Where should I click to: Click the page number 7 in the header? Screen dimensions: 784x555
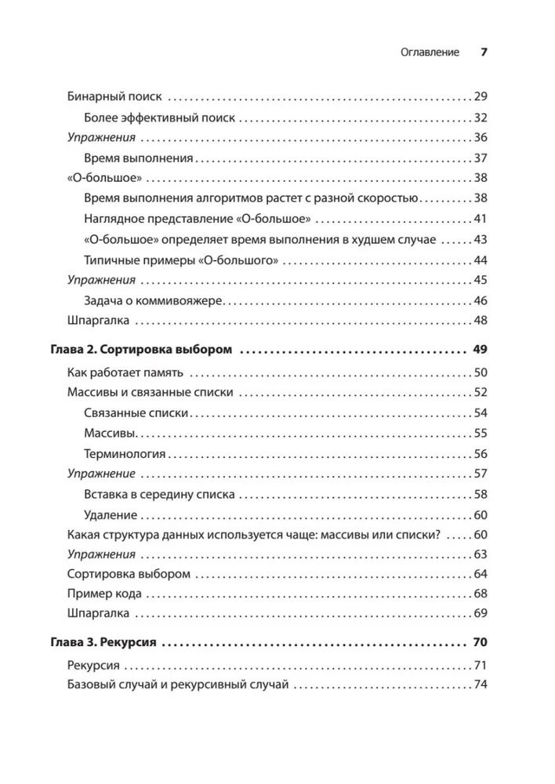484,53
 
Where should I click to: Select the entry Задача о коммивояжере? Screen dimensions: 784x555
154,300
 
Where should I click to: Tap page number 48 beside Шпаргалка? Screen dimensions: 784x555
481,320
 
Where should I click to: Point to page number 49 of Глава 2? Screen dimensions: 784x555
481,350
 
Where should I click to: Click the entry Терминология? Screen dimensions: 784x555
124,454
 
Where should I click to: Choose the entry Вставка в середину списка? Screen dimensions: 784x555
158,495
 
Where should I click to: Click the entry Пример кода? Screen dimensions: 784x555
104,593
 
